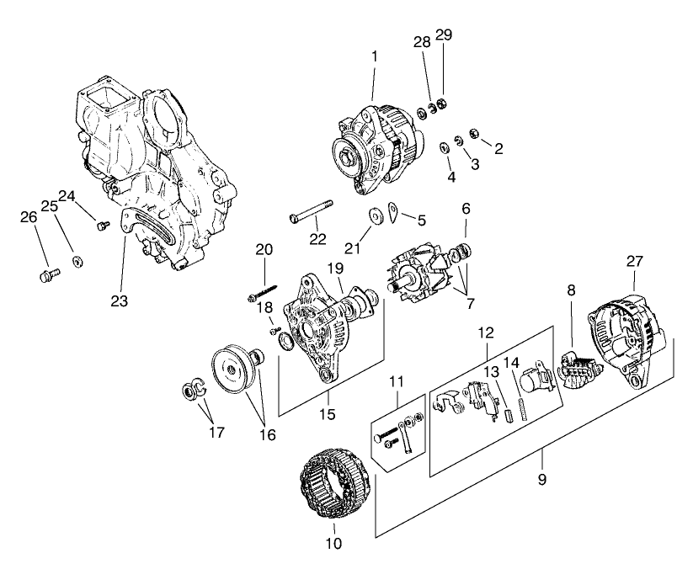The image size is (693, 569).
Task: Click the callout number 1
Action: pyautogui.click(x=375, y=57)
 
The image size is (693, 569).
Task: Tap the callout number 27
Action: pyautogui.click(x=634, y=262)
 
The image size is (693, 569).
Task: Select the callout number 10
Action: pyautogui.click(x=334, y=543)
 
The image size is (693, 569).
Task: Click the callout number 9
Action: pyautogui.click(x=542, y=479)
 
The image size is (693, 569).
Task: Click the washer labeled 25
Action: pyautogui.click(x=77, y=261)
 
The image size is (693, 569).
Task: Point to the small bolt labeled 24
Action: pyautogui.click(x=104, y=226)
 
